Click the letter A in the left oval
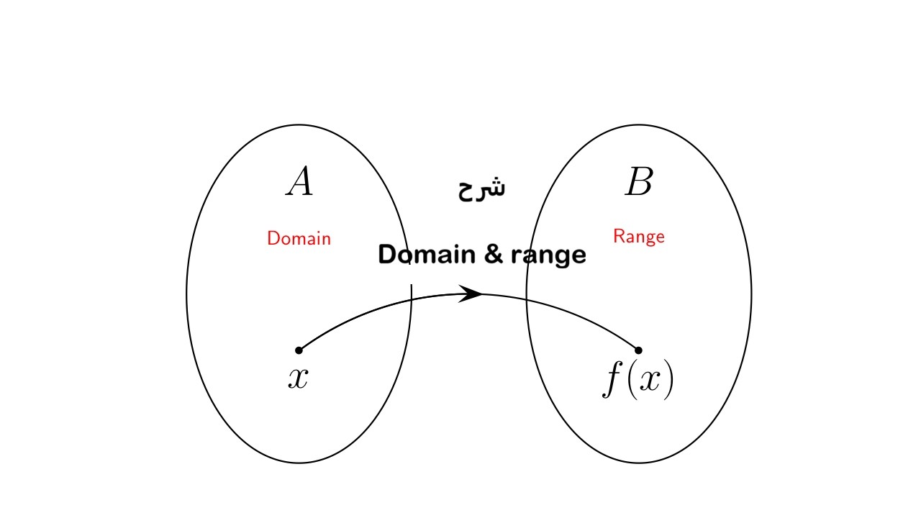coord(299,182)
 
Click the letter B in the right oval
coord(638,182)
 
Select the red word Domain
coord(299,238)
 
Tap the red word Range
coord(638,236)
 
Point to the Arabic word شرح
coord(481,188)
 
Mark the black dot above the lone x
coord(299,350)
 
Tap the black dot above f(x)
coord(638,350)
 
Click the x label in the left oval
coord(298,378)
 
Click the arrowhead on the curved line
coord(471,294)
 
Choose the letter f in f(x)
coord(612,381)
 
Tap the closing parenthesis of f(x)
coord(669,381)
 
